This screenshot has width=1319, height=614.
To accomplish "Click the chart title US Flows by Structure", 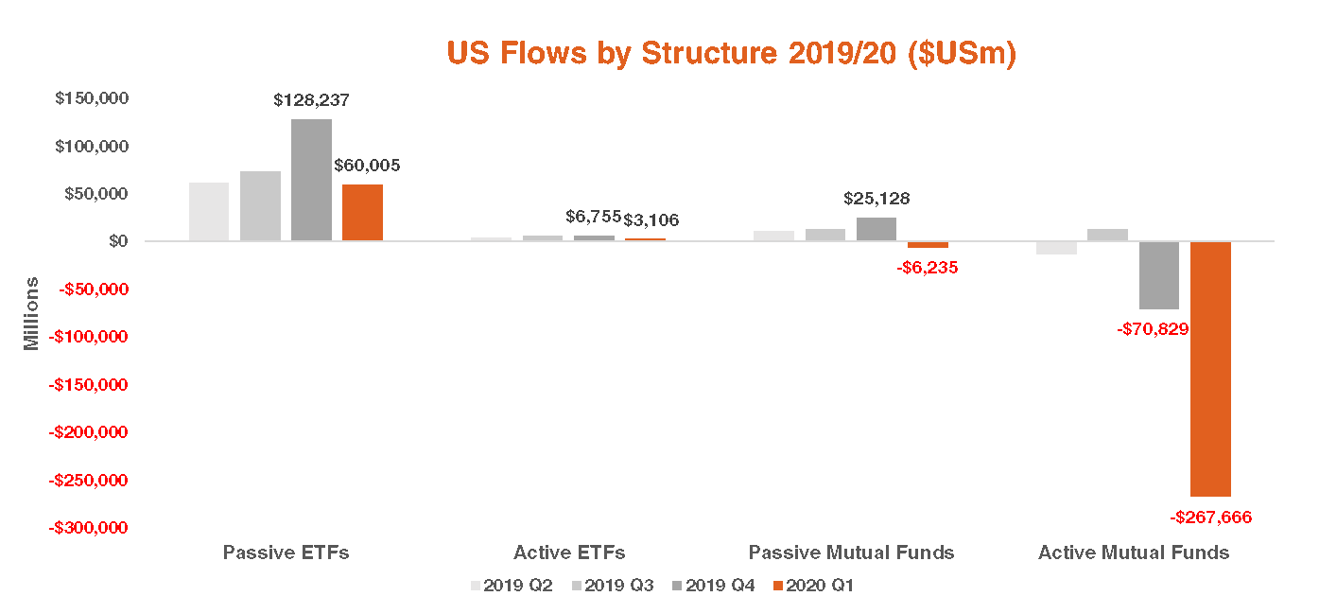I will coord(731,54).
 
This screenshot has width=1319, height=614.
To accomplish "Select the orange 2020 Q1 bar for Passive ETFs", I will coord(362,212).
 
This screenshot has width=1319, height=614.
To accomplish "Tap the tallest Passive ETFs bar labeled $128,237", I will coord(311,180).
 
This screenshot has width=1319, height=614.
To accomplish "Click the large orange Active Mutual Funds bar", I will coord(1210,369).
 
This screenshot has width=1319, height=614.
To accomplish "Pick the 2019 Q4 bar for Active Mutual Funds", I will coord(1159,275).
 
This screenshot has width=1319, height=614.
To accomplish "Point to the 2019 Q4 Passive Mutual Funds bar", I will coord(876,229).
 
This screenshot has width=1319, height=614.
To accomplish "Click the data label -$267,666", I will coord(1210,518).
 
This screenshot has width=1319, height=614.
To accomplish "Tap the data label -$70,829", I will coord(1153,329).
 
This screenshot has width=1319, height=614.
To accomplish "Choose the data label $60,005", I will coord(367,166).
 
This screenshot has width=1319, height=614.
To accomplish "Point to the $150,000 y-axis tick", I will coord(92,98).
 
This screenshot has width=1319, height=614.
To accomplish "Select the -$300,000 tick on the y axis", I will coord(88,528).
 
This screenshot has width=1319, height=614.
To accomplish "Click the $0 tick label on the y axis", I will coord(118,241).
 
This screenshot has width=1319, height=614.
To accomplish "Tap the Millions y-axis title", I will coord(32,313).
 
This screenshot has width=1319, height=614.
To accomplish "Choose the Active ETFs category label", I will coord(569,553).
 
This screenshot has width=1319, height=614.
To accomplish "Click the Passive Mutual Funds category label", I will coord(851,553).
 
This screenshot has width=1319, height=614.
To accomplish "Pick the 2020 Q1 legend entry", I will coord(813,586).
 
